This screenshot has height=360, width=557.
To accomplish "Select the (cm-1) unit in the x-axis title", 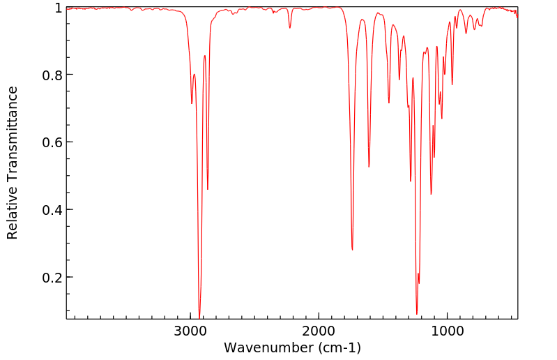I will [x=338, y=347].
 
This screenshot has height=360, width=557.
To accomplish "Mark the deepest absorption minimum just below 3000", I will [x=199, y=317].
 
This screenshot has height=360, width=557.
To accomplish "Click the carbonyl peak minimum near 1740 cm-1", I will [x=352, y=249].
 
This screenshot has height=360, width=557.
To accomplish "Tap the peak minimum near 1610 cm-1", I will [x=369, y=167].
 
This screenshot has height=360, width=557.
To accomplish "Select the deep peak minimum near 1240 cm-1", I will [x=417, y=314].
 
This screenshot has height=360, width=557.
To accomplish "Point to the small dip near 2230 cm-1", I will [x=290, y=28].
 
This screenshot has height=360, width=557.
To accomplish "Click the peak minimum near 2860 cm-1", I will [x=208, y=189].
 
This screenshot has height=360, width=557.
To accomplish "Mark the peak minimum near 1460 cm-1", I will [x=389, y=103].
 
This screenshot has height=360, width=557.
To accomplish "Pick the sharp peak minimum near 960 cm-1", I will [x=452, y=85].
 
